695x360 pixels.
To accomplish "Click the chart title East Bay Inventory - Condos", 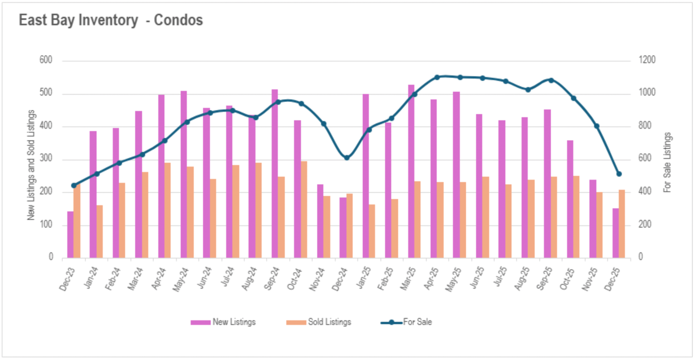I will [111, 20].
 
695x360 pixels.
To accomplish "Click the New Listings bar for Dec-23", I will [70, 234].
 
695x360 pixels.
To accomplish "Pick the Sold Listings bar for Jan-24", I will [100, 231].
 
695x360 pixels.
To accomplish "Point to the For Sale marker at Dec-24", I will [347, 158].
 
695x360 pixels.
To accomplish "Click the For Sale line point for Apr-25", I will [437, 77].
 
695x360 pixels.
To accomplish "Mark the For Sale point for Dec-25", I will [619, 174].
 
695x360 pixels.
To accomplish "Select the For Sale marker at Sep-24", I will [278, 102].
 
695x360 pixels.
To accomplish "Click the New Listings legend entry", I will [223, 322].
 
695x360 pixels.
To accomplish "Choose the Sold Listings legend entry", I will [319, 322].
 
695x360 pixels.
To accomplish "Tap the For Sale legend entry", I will [407, 322].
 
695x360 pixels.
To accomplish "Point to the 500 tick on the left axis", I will [46, 93].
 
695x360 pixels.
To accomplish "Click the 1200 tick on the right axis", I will [647, 60].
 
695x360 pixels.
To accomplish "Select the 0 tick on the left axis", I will [51, 257].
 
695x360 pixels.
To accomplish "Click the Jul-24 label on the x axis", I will [228, 277].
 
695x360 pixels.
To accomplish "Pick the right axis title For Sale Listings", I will [667, 162].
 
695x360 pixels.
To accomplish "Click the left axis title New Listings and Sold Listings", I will [31, 165].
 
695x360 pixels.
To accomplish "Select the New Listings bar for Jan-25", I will [366, 176].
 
